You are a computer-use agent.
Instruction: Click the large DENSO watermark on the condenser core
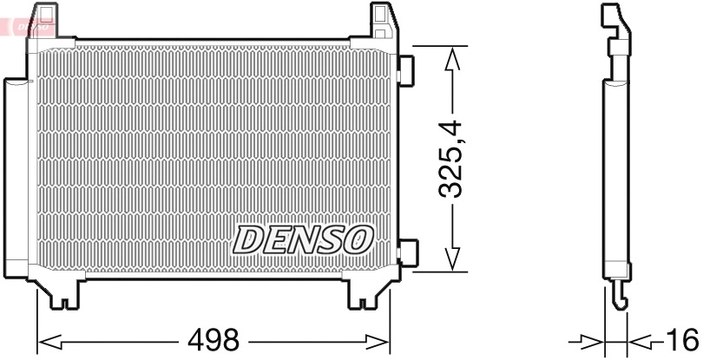304,240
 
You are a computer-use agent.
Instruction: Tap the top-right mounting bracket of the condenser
383,23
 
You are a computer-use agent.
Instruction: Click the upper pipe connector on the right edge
405,70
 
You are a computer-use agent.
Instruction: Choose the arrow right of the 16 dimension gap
641,339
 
